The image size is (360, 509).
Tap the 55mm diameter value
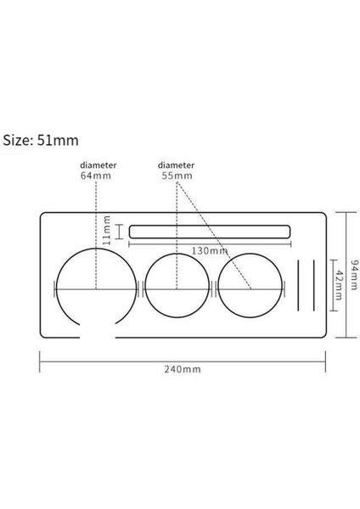click(177, 176)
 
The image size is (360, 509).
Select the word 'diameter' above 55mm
click(177, 165)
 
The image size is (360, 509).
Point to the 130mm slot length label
click(208, 250)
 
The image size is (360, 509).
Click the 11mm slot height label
click(107, 231)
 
